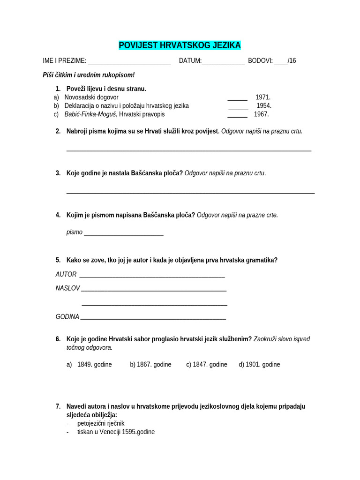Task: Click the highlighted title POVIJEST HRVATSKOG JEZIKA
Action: (180, 45)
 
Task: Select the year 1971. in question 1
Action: (263, 97)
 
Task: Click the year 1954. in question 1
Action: (264, 105)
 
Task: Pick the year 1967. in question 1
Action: (262, 114)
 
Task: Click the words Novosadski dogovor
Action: (91, 97)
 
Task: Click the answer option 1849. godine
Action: (94, 364)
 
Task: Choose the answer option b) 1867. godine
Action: (150, 364)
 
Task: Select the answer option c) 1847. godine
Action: (207, 364)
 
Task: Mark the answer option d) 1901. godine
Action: (259, 364)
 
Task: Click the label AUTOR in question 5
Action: (66, 274)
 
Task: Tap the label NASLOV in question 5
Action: (68, 288)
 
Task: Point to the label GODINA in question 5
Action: (67, 316)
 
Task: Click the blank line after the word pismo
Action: (124, 234)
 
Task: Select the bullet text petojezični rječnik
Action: (101, 423)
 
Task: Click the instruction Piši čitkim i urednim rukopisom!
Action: (89, 75)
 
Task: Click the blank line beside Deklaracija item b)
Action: (238, 107)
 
